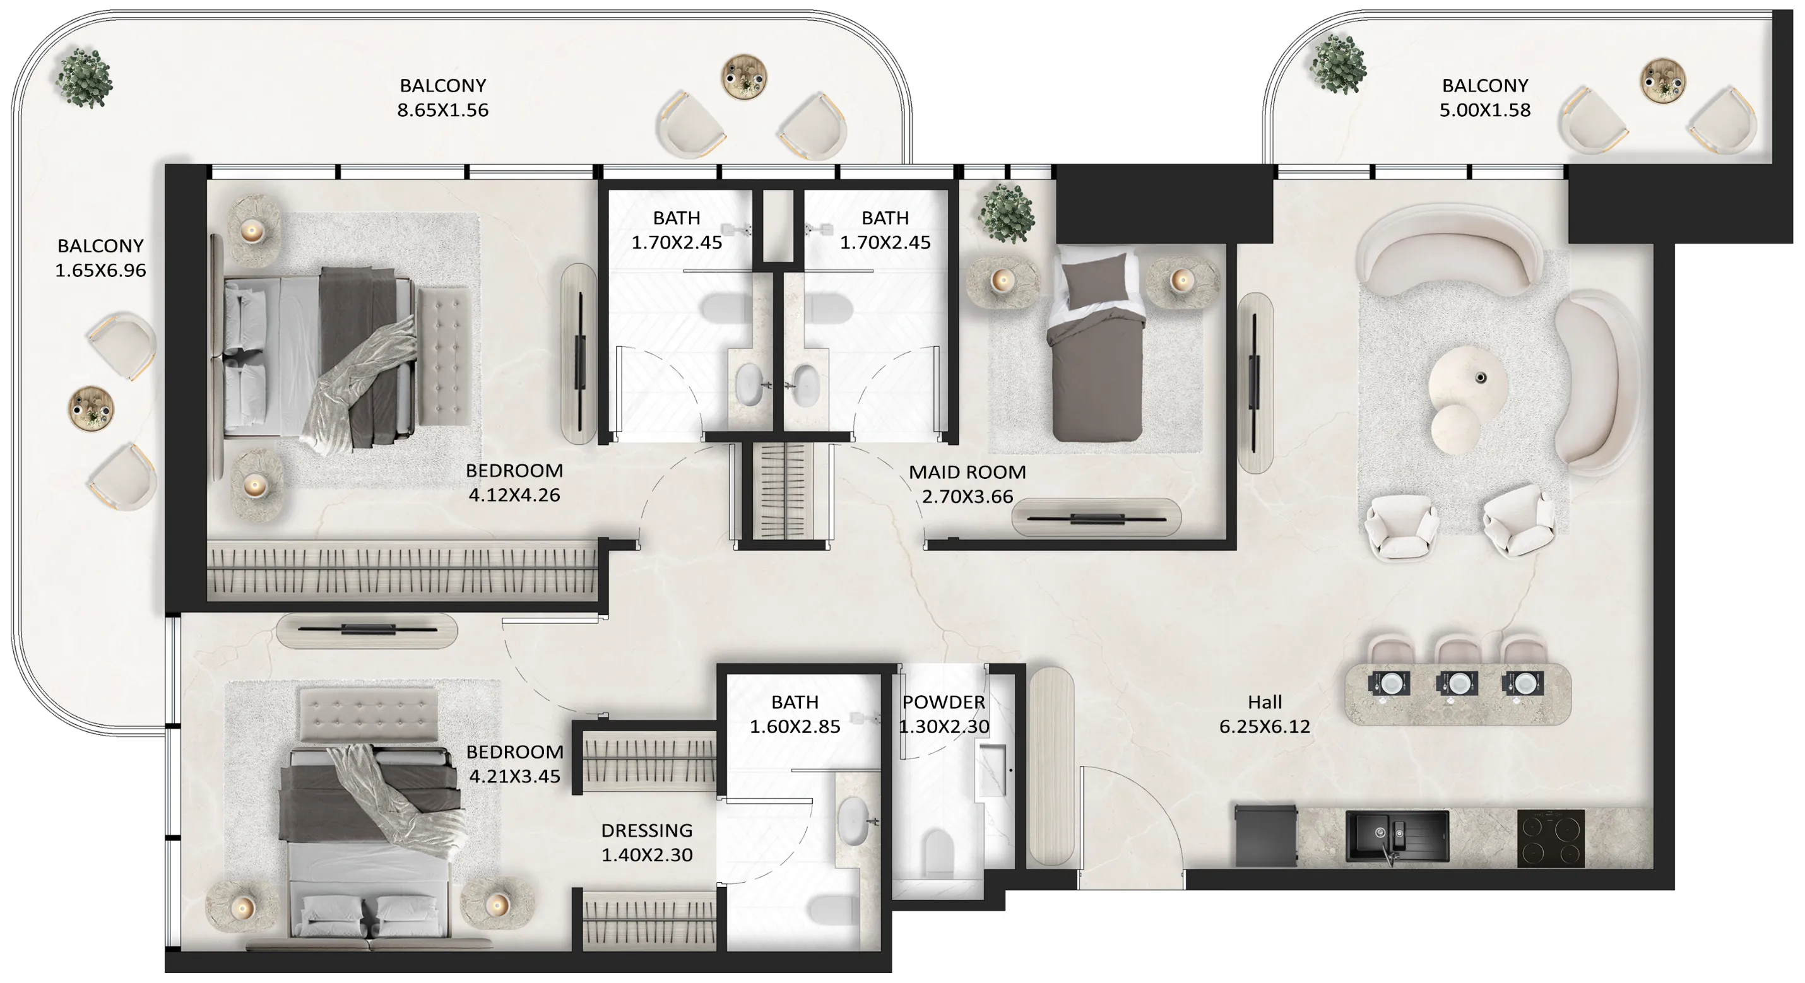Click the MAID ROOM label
967,472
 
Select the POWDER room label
943,702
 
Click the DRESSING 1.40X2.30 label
646,842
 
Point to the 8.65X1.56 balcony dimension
442,110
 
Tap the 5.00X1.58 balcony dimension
1484,110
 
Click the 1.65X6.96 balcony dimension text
100,271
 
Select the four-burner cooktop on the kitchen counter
1550,839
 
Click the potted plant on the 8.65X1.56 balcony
84,77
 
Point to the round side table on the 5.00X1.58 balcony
1662,81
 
